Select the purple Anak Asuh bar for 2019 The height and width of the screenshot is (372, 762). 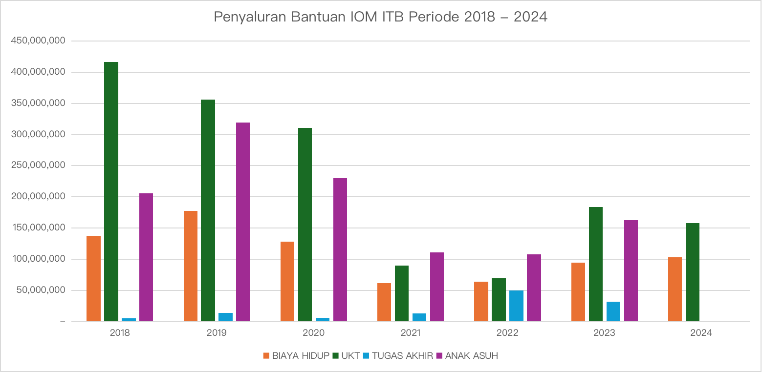[x=243, y=222]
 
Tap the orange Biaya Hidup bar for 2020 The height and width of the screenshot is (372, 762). [x=287, y=281]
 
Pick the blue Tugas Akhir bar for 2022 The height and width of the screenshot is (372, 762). [x=516, y=306]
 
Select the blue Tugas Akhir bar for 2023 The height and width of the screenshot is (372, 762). [x=613, y=311]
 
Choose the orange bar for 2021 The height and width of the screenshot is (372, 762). [x=384, y=302]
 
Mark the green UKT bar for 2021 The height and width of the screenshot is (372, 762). [x=402, y=293]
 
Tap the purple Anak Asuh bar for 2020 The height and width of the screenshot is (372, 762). [x=340, y=249]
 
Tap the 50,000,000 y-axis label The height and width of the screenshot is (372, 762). [x=41, y=290]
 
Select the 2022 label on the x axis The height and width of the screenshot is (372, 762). [x=507, y=333]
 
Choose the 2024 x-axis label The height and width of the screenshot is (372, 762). [x=701, y=333]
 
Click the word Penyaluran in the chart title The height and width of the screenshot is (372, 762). [x=250, y=17]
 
